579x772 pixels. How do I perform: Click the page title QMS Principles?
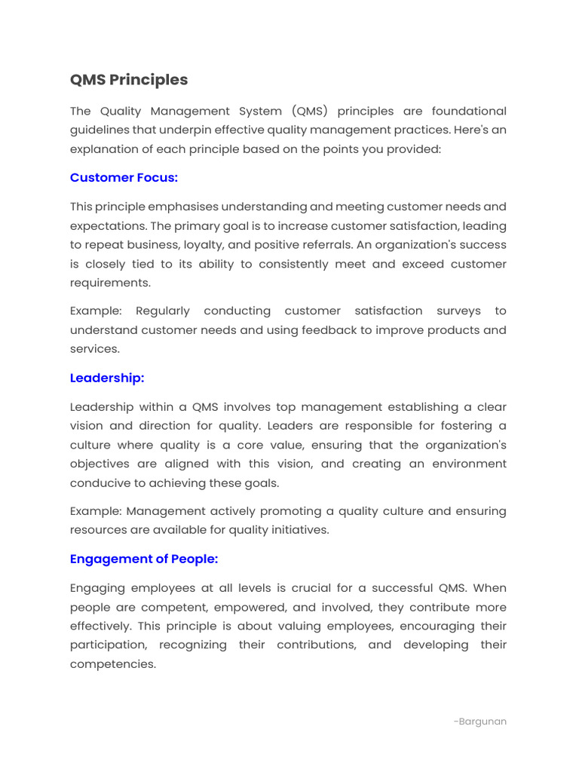(x=129, y=80)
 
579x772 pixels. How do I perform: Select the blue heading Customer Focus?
(x=124, y=178)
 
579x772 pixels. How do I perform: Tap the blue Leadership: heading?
(x=107, y=378)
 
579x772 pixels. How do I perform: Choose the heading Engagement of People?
(x=144, y=559)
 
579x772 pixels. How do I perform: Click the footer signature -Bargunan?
(x=480, y=721)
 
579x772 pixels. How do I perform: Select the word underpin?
(x=182, y=130)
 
